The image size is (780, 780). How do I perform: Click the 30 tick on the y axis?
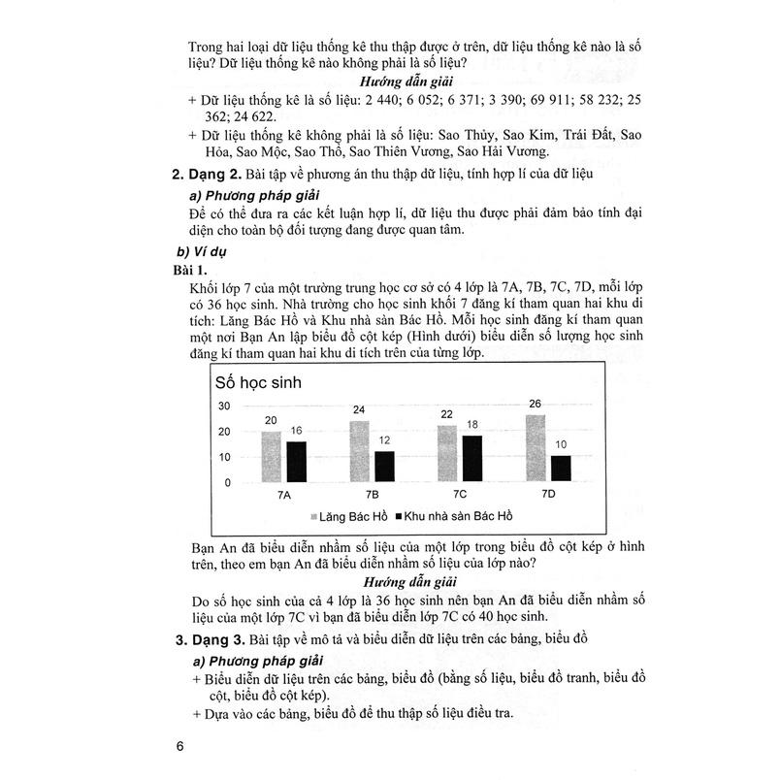tap(225, 406)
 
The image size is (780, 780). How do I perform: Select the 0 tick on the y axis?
tap(228, 483)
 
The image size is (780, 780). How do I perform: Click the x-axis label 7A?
tap(282, 495)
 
